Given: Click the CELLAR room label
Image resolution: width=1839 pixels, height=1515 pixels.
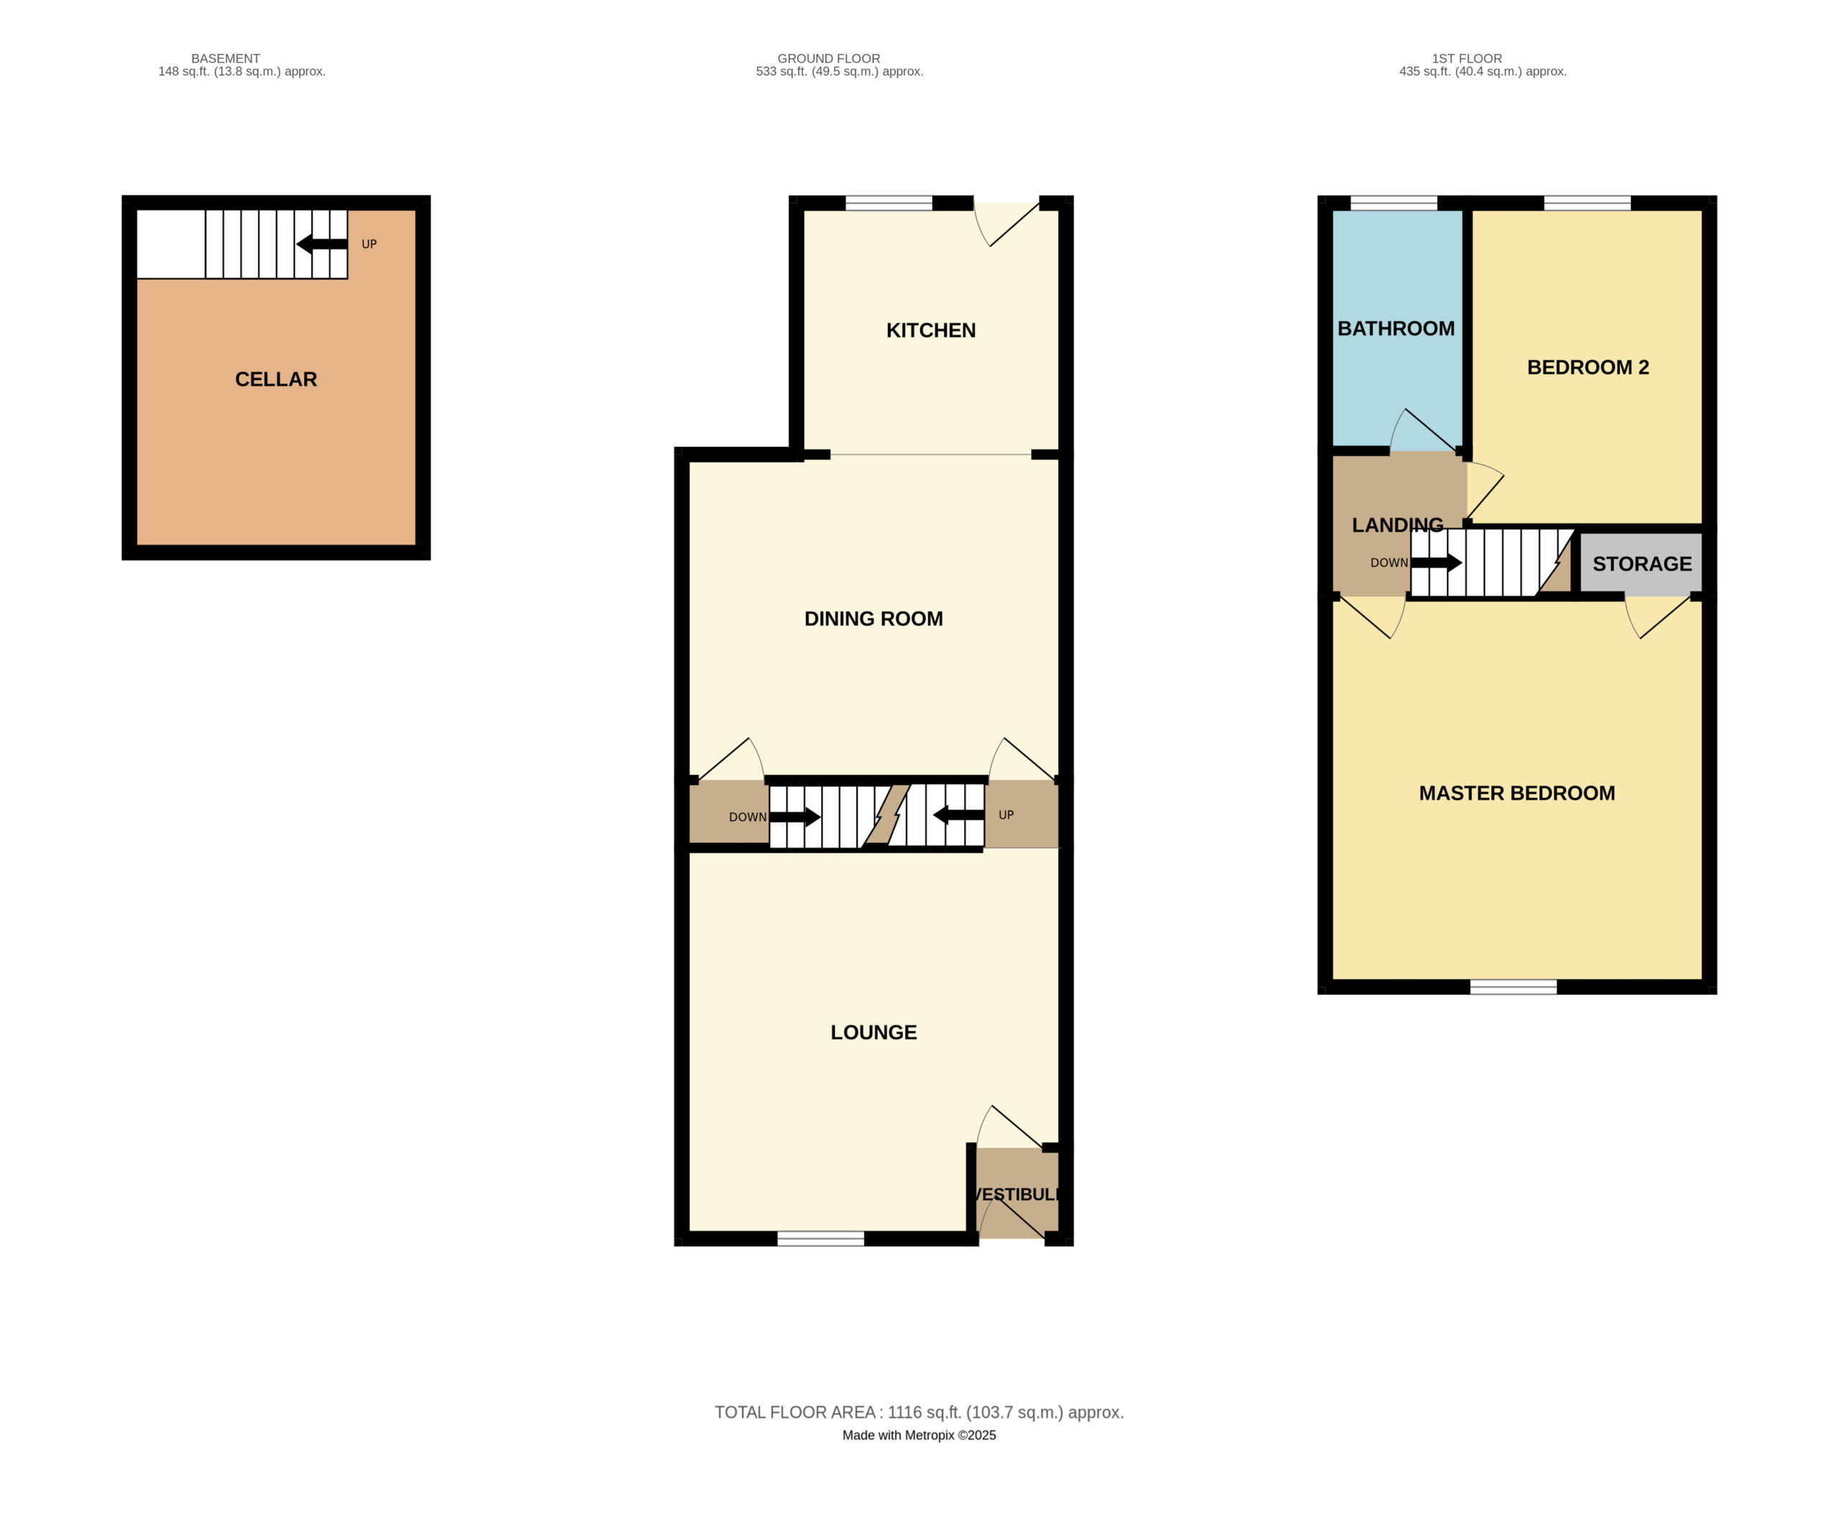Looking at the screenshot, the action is tap(276, 379).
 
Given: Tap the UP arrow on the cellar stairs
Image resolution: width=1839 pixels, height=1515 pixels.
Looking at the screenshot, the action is tap(321, 244).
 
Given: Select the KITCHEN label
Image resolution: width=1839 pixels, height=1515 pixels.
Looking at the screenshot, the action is tap(930, 330).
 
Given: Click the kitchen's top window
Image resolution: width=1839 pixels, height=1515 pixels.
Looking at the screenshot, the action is tap(889, 203).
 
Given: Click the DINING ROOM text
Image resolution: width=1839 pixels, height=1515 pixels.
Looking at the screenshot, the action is tap(873, 618).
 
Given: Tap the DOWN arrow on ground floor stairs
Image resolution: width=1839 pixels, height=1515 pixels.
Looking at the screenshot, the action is tap(795, 817).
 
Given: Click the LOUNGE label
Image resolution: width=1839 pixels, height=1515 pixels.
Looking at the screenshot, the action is tap(873, 1032).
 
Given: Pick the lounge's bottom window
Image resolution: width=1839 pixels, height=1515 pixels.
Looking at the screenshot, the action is tap(820, 1238).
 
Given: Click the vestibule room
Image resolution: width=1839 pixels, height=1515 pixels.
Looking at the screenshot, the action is tap(1016, 1193).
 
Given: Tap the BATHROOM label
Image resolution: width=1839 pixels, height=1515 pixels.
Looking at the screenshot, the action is tap(1396, 328).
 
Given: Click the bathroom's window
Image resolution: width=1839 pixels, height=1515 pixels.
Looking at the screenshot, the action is tap(1393, 203).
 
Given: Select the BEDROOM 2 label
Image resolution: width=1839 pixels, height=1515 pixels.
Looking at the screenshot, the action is tap(1588, 367).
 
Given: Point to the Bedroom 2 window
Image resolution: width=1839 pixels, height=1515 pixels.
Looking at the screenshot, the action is tap(1587, 203).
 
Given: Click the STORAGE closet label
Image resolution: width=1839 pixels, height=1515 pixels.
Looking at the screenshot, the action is tap(1641, 564).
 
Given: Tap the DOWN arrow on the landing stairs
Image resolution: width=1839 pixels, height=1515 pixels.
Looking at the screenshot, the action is tap(1437, 562).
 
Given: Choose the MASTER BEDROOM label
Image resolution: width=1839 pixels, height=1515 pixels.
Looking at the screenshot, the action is tap(1516, 793).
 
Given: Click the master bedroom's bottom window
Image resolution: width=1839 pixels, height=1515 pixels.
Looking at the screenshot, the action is tap(1513, 987).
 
